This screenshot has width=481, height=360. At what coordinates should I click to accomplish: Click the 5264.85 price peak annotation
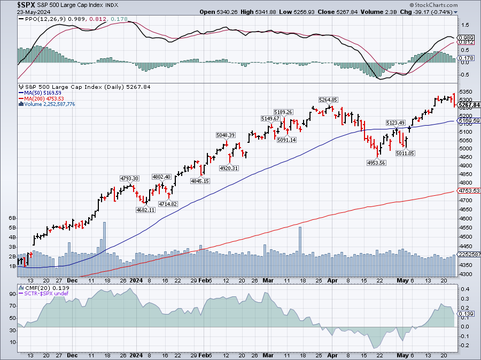pyautogui.click(x=328, y=99)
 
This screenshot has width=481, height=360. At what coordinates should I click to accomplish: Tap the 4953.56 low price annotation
pyautogui.click(x=376, y=163)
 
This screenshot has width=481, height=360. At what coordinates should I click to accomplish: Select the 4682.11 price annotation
pyautogui.click(x=145, y=210)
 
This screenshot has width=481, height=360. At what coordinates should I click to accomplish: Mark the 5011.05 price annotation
pyautogui.click(x=405, y=153)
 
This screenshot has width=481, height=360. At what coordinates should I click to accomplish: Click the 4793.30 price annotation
pyautogui.click(x=129, y=178)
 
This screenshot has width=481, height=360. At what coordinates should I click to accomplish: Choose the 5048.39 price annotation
pyautogui.click(x=226, y=135)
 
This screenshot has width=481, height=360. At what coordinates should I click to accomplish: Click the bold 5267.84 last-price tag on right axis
pyautogui.click(x=469, y=105)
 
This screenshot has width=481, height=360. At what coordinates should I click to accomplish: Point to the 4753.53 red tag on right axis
pyautogui.click(x=469, y=190)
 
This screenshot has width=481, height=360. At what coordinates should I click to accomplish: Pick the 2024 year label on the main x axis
pyautogui.click(x=136, y=280)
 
